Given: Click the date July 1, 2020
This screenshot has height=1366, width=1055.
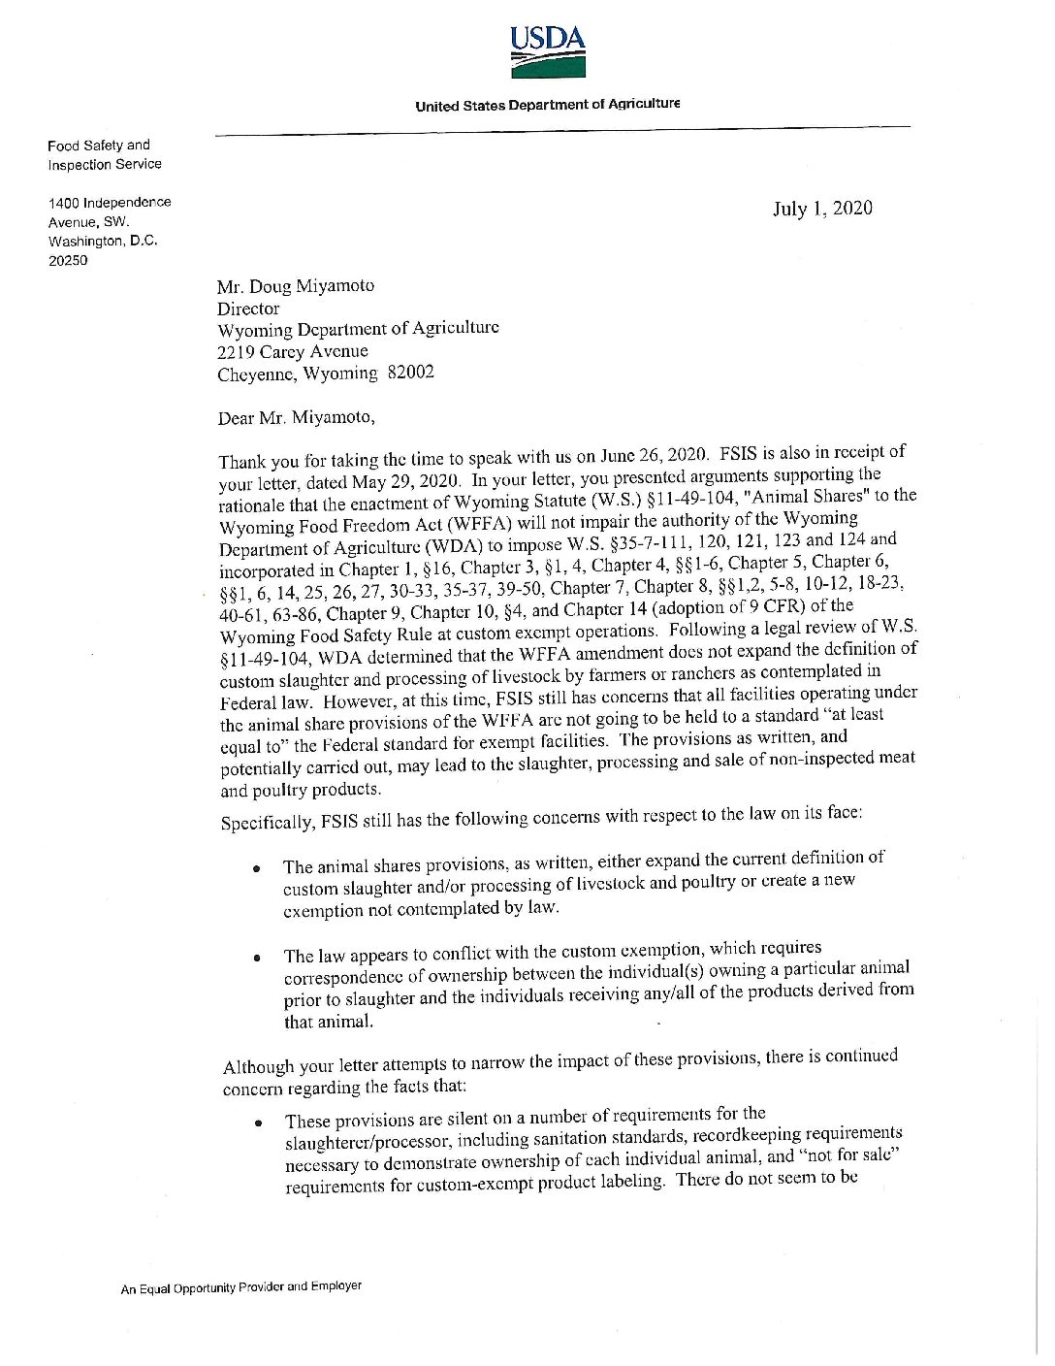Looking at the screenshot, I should [821, 209].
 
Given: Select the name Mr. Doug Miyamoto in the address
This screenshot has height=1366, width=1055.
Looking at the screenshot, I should [296, 286].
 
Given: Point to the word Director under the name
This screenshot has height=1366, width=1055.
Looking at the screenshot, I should [248, 309].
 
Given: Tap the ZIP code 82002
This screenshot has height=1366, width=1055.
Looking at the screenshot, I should [411, 373].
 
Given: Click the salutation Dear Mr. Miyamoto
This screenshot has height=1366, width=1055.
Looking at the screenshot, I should [296, 418].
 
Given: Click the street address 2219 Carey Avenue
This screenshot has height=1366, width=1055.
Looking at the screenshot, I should [293, 351].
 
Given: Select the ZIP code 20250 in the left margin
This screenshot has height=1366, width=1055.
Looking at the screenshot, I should [68, 260].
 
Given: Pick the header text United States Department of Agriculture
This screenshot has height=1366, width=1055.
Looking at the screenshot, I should [547, 105].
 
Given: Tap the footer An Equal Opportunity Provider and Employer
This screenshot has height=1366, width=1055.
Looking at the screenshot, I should [240, 1287].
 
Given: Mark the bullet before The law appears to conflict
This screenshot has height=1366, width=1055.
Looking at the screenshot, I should [257, 958].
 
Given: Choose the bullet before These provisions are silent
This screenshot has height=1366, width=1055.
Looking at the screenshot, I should [258, 1123].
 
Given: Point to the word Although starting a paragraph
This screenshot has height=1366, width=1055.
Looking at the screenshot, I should [258, 1067].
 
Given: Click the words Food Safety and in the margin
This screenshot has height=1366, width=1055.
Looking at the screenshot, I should [99, 146].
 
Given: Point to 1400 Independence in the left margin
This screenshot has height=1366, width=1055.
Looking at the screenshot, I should [110, 203].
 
